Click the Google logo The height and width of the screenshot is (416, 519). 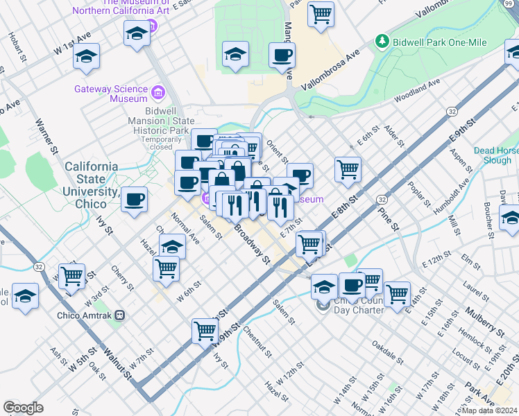tap(23, 408)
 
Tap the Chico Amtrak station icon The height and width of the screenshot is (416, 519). tap(120, 314)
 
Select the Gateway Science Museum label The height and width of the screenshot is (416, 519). tap(111, 94)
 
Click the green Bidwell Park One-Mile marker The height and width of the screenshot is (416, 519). tap(381, 42)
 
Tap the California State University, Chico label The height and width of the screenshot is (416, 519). tap(91, 185)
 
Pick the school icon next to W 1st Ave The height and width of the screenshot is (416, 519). tap(87, 57)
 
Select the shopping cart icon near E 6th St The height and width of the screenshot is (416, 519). tap(347, 168)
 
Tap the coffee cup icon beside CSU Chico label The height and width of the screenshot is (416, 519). tap(135, 199)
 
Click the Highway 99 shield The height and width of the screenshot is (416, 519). tap(512, 3)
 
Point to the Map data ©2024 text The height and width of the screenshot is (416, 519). tap(488, 410)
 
